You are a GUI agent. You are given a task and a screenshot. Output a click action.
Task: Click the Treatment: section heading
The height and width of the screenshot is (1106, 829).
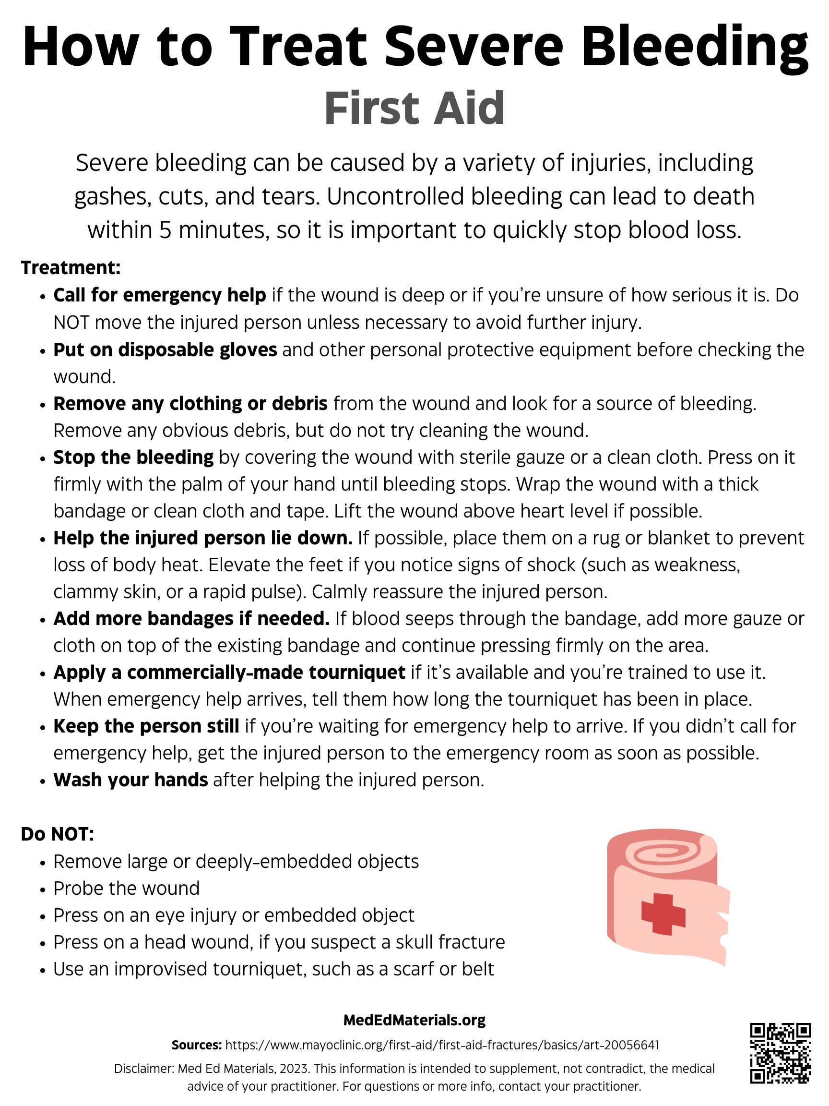tap(71, 267)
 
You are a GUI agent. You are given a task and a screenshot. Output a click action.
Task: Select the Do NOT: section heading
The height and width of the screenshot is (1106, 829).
tap(58, 834)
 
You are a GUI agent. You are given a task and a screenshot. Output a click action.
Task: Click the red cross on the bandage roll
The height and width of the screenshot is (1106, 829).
tap(663, 914)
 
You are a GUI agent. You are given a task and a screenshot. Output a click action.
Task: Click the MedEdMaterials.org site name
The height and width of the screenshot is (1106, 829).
tap(414, 1020)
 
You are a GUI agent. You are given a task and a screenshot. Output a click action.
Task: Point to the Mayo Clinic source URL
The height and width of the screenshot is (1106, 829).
tap(442, 1045)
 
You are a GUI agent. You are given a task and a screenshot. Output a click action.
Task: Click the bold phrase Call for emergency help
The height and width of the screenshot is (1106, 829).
tap(159, 296)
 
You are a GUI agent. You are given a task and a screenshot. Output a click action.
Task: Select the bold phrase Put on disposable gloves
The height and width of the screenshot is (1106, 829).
tap(165, 349)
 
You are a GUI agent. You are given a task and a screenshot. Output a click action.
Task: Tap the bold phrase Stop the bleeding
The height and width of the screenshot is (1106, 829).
tap(133, 457)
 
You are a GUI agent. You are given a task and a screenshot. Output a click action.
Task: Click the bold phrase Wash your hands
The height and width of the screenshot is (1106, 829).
tap(130, 780)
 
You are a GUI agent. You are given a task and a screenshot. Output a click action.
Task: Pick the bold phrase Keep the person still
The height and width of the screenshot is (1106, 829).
tap(146, 726)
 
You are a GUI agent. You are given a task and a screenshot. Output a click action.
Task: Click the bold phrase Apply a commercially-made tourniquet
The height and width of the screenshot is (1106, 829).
tap(229, 673)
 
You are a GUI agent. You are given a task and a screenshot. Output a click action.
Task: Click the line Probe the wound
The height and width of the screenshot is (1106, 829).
tap(127, 888)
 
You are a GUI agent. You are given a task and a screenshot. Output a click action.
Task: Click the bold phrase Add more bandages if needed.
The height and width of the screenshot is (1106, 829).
tap(191, 618)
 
